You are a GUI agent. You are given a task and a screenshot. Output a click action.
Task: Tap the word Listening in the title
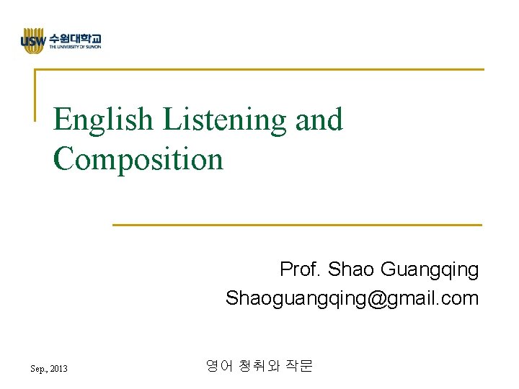click(x=225, y=120)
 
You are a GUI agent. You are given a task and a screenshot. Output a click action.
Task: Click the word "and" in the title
click(x=319, y=120)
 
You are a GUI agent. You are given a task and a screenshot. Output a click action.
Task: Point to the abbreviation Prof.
click(x=301, y=270)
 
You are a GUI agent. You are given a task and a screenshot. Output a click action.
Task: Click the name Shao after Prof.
click(x=351, y=270)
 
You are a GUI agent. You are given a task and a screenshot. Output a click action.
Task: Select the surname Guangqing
click(x=429, y=270)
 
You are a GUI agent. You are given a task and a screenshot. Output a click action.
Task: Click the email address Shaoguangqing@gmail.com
click(x=352, y=298)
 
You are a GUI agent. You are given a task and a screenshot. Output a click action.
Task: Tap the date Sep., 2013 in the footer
click(x=49, y=369)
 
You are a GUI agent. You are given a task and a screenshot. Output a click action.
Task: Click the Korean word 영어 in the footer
click(x=218, y=367)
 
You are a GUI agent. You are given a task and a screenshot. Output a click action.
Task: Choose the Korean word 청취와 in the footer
click(x=259, y=367)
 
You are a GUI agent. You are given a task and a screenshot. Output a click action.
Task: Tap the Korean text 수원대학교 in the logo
click(x=75, y=38)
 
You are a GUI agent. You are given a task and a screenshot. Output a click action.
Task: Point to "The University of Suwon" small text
click(x=75, y=48)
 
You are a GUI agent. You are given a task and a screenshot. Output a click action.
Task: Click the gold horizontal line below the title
click(x=297, y=225)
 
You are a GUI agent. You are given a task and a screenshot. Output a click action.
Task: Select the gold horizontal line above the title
click(x=259, y=70)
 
